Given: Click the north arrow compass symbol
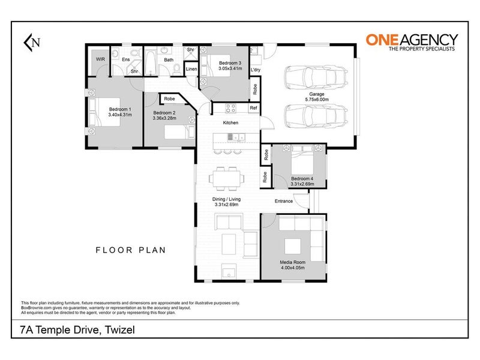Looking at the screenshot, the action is pyautogui.click(x=32, y=42).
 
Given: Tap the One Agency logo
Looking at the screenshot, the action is pyautogui.click(x=412, y=42).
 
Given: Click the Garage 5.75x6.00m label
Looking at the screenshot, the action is pyautogui.click(x=317, y=97).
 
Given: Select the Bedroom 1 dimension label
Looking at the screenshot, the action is pyautogui.click(x=120, y=115).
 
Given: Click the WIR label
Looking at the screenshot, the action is pyautogui.click(x=100, y=59).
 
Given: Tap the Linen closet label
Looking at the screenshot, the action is pyautogui.click(x=191, y=69).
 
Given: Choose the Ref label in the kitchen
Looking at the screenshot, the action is pyautogui.click(x=253, y=108).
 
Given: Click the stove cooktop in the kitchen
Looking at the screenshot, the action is pyautogui.click(x=230, y=108).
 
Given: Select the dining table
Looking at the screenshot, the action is pyautogui.click(x=227, y=179).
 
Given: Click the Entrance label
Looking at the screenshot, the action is pyautogui.click(x=284, y=201).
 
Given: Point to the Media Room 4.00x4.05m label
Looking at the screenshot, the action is pyautogui.click(x=293, y=265).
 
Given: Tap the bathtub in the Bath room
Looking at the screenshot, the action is pyautogui.click(x=150, y=63).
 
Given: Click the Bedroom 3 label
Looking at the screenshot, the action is pyautogui.click(x=230, y=63).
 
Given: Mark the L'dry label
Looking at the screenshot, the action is pyautogui.click(x=256, y=70).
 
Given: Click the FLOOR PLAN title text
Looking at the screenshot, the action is pyautogui.click(x=131, y=250).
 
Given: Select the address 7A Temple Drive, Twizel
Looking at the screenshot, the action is pyautogui.click(x=77, y=329).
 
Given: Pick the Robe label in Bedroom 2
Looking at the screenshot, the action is pyautogui.click(x=169, y=99).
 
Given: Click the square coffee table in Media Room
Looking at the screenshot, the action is pyautogui.click(x=293, y=247).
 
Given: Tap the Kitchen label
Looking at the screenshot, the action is pyautogui.click(x=230, y=122).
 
